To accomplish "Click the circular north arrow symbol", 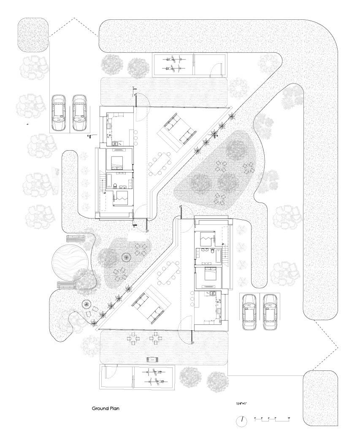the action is pyautogui.click(x=241, y=421).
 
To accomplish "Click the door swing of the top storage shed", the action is pyautogui.click(x=216, y=69).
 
